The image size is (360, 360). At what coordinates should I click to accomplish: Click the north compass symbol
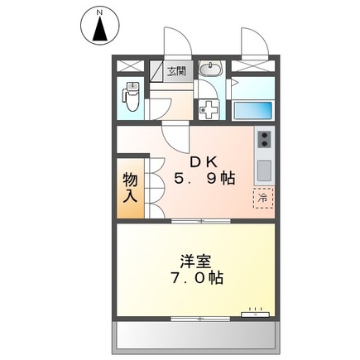click(99, 26)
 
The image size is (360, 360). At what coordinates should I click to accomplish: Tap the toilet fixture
click(132, 97)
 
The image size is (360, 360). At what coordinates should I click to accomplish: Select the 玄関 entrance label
click(175, 71)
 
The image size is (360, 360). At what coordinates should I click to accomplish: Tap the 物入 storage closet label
click(130, 187)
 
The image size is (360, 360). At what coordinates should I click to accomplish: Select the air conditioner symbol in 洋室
click(254, 314)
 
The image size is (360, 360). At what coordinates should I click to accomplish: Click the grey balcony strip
click(195, 335)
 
